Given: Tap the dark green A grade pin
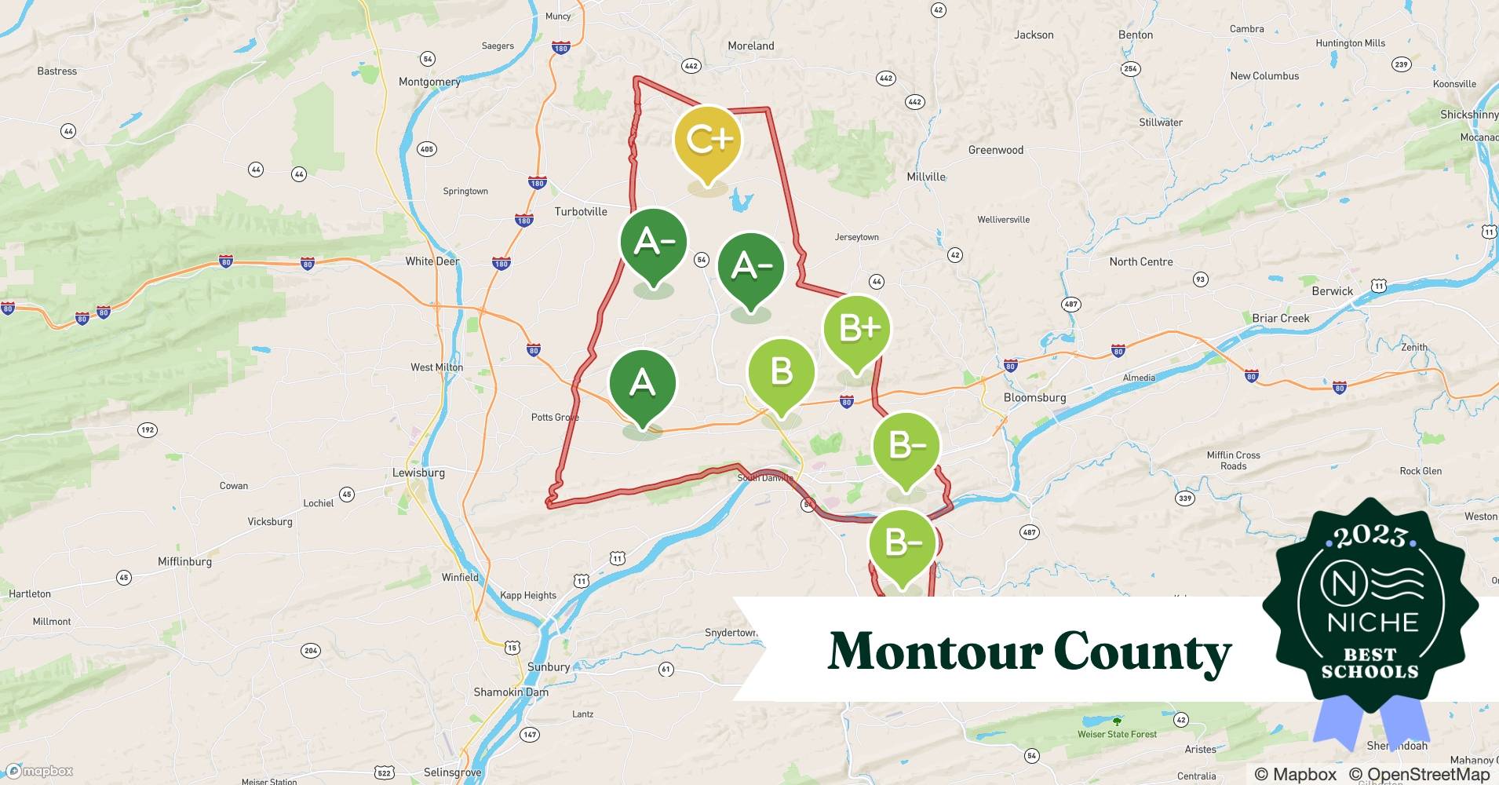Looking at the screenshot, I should point(642,383).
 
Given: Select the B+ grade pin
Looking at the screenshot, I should point(857,328).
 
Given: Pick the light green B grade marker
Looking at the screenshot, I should point(781,371).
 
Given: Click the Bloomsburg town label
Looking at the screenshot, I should point(1034,397).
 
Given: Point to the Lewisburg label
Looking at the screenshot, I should point(418,473).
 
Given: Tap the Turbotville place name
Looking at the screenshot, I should point(581,211).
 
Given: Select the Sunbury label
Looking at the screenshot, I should point(549,666).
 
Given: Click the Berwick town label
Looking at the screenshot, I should point(1332,290).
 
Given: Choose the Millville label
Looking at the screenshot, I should point(926,177).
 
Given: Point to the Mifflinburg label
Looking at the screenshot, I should point(184,561).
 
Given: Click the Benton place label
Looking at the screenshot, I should point(1135,35).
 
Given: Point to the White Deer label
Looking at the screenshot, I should point(432,261).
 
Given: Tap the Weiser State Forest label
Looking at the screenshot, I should point(1117,734).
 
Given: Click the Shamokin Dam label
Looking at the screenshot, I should point(511,692).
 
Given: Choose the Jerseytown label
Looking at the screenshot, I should point(856,237).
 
